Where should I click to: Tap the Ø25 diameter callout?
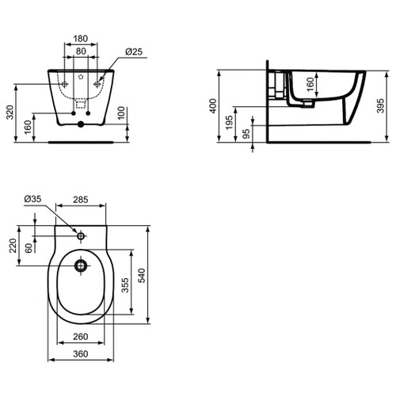click(133, 53)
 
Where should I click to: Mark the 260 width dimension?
click(80, 337)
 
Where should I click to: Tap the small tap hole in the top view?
click(81, 235)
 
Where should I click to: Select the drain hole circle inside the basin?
click(81, 265)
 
